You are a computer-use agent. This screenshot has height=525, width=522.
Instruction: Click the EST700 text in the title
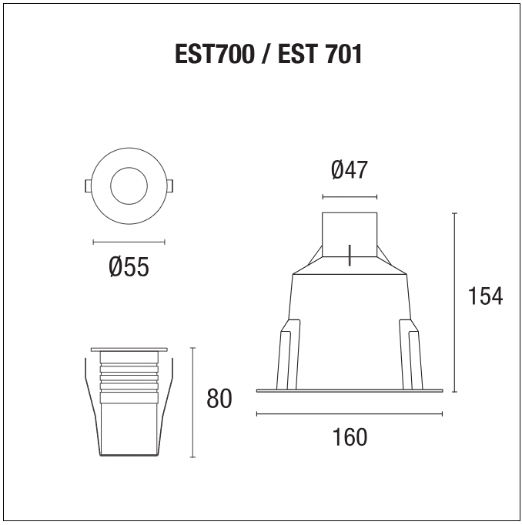coord(215,55)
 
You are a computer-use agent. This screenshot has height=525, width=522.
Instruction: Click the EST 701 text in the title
coord(320,55)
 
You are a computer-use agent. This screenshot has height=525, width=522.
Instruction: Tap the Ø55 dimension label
coord(129,267)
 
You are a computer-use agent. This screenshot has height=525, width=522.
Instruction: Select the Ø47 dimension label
coord(350,170)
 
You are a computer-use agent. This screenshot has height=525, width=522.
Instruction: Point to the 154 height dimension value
coord(485,296)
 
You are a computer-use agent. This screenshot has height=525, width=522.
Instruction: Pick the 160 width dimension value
coord(350,437)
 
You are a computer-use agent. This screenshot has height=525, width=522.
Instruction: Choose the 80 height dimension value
coord(219,399)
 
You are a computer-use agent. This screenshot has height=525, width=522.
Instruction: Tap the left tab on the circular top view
coord(88,186)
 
